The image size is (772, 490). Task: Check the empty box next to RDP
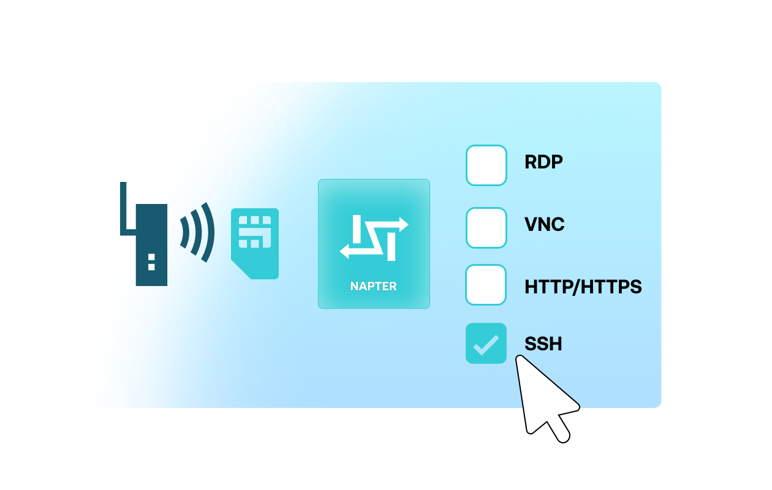[x=486, y=165]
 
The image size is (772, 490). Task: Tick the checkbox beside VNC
[x=486, y=228]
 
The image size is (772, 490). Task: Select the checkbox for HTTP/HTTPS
[x=486, y=285]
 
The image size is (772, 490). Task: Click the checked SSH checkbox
[x=486, y=343]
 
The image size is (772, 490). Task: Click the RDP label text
[x=543, y=162]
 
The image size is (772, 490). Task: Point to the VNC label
[x=544, y=225]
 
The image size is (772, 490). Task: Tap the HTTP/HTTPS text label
[x=583, y=287]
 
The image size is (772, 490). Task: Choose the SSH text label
[x=543, y=344]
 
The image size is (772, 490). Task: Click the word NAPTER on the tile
[x=373, y=286]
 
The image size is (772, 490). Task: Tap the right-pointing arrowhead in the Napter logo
[x=403, y=225]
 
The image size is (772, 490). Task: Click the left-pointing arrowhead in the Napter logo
[x=344, y=251]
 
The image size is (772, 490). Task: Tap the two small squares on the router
[x=151, y=262]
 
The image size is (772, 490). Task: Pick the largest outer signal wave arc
[x=209, y=232]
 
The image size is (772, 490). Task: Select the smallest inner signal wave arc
[x=184, y=232]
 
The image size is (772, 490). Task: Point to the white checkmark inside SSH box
[x=486, y=344]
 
